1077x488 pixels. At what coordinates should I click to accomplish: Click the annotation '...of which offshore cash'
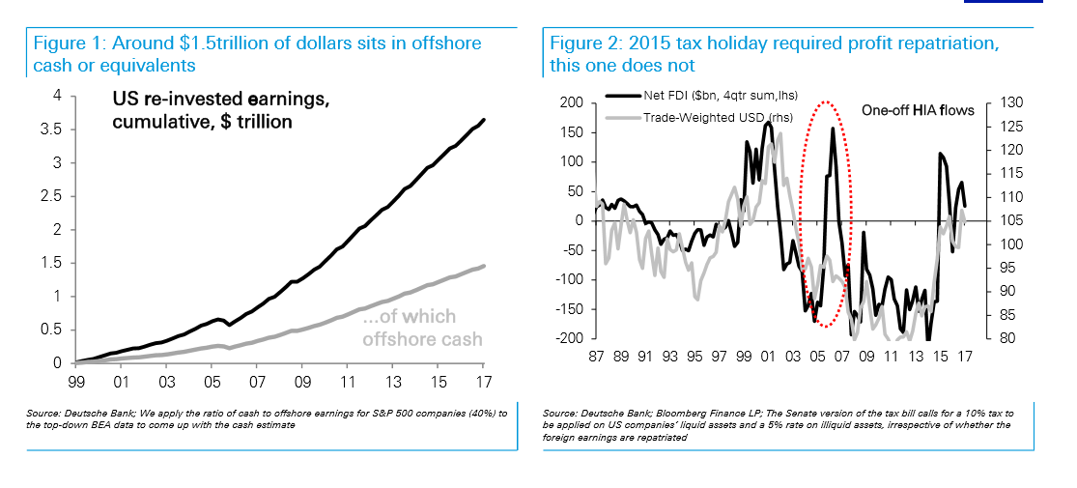coord(422,328)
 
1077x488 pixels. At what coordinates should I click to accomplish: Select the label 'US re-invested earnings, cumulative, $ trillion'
coord(202,111)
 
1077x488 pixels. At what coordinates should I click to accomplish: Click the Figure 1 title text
coord(258,54)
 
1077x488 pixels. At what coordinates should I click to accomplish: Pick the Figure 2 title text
coord(774,54)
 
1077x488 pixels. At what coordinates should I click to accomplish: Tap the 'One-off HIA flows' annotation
coord(917,110)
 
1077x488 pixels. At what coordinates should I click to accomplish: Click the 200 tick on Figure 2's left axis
coord(573,102)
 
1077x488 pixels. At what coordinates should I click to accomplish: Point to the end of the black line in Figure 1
coord(483,120)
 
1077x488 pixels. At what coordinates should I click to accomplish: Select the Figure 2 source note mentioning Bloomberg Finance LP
coord(773,424)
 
